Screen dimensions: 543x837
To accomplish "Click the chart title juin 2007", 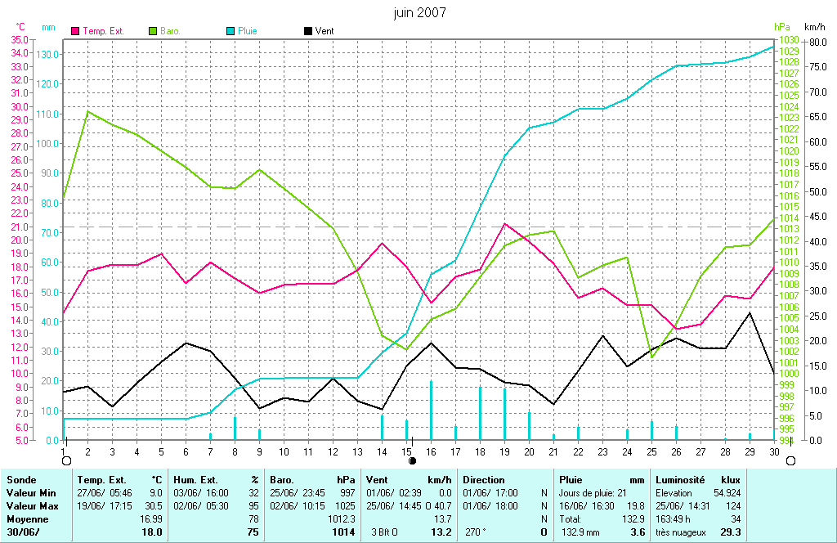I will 419,12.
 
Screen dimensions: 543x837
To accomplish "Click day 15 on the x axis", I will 406,451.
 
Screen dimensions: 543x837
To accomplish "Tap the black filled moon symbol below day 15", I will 413,460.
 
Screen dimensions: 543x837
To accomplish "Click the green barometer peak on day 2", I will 87,111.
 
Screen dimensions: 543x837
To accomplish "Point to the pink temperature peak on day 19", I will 505,223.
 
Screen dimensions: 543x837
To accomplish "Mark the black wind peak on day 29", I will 750,312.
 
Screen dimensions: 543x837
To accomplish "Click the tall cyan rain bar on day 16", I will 431,409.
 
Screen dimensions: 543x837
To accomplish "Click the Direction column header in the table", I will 484,480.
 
